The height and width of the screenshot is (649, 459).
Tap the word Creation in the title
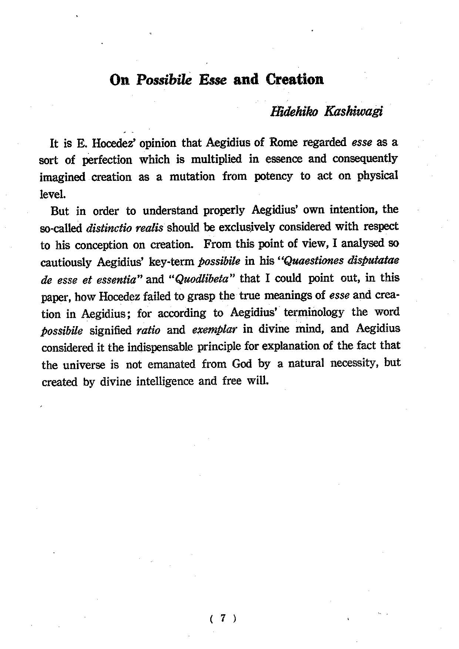(x=295, y=80)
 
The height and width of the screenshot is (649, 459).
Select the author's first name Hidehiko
(x=294, y=112)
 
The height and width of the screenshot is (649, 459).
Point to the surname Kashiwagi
(x=353, y=112)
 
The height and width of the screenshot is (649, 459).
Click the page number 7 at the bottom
(x=222, y=618)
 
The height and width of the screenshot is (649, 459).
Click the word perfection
(x=107, y=160)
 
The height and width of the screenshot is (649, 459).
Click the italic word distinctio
(x=105, y=228)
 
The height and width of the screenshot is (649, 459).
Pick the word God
(x=242, y=364)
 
